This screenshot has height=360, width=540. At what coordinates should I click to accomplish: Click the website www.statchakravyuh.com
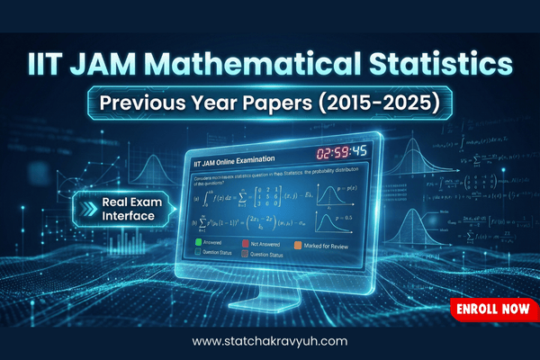[x=270, y=342]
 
